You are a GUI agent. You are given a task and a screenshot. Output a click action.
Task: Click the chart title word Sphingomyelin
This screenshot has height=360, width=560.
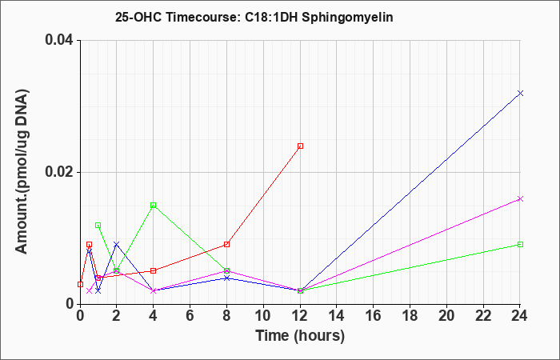point(347,17)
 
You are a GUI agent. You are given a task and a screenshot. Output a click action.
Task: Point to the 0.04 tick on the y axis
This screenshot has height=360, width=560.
point(59,39)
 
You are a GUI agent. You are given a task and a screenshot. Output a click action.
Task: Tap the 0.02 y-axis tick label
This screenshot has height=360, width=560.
point(59,172)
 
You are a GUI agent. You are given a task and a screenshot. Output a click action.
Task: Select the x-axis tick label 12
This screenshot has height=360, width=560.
point(300,316)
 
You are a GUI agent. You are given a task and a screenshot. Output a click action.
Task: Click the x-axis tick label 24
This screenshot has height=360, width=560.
point(520,316)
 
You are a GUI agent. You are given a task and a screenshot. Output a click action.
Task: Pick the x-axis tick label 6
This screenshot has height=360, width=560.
point(190,316)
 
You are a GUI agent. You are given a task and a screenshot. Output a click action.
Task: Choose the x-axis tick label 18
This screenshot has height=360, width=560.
point(410,316)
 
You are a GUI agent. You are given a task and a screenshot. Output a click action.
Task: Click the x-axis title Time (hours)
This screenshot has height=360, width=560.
point(300,336)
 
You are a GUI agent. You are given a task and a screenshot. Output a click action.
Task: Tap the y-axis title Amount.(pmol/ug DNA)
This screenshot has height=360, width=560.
point(22,171)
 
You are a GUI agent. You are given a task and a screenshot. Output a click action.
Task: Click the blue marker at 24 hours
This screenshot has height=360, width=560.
point(520,94)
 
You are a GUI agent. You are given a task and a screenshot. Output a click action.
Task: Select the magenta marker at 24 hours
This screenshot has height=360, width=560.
point(520,199)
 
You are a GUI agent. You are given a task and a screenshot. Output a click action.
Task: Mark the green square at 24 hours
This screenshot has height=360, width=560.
point(520,244)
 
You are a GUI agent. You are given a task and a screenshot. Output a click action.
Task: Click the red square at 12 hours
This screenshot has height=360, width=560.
point(300,146)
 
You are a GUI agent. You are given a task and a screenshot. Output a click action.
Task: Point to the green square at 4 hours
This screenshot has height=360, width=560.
point(154,205)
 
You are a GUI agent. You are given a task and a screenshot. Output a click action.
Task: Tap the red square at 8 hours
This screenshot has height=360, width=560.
point(226,244)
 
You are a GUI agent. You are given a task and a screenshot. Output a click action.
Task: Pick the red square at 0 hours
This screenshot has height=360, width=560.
point(80,284)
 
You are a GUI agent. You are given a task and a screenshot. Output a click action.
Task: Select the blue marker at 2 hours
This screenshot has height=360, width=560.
point(117,244)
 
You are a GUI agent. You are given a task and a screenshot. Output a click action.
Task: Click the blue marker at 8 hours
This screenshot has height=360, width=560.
point(226,278)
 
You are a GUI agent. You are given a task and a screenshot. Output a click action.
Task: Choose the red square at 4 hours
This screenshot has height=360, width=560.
point(154,270)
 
